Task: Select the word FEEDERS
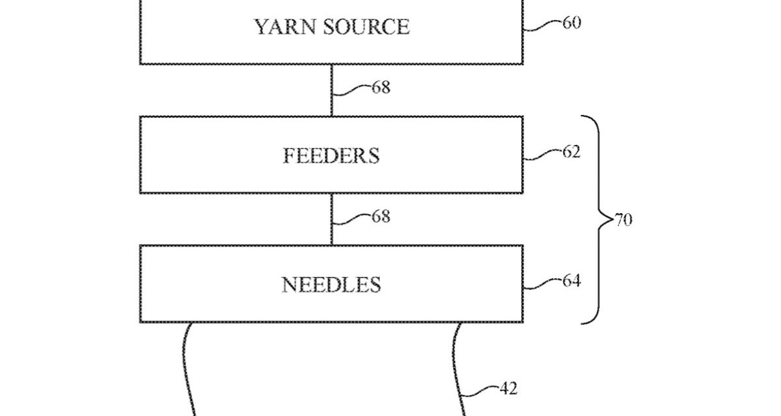click(x=331, y=156)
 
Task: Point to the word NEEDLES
click(x=331, y=285)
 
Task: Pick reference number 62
click(x=571, y=152)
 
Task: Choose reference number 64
click(x=571, y=281)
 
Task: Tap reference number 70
click(x=623, y=220)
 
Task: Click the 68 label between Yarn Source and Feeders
click(x=381, y=88)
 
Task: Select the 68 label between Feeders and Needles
click(x=381, y=216)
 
